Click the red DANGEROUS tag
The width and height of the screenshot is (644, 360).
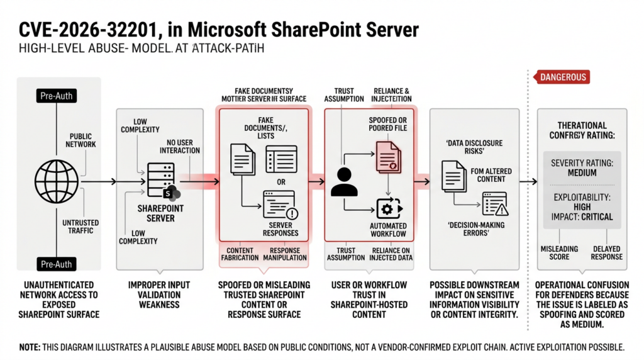pyautogui.click(x=561, y=77)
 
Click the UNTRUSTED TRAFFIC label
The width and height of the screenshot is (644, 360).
pyautogui.click(x=79, y=227)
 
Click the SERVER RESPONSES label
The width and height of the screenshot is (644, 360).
pyautogui.click(x=280, y=229)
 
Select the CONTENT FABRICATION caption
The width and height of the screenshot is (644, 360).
pyautogui.click(x=240, y=254)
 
